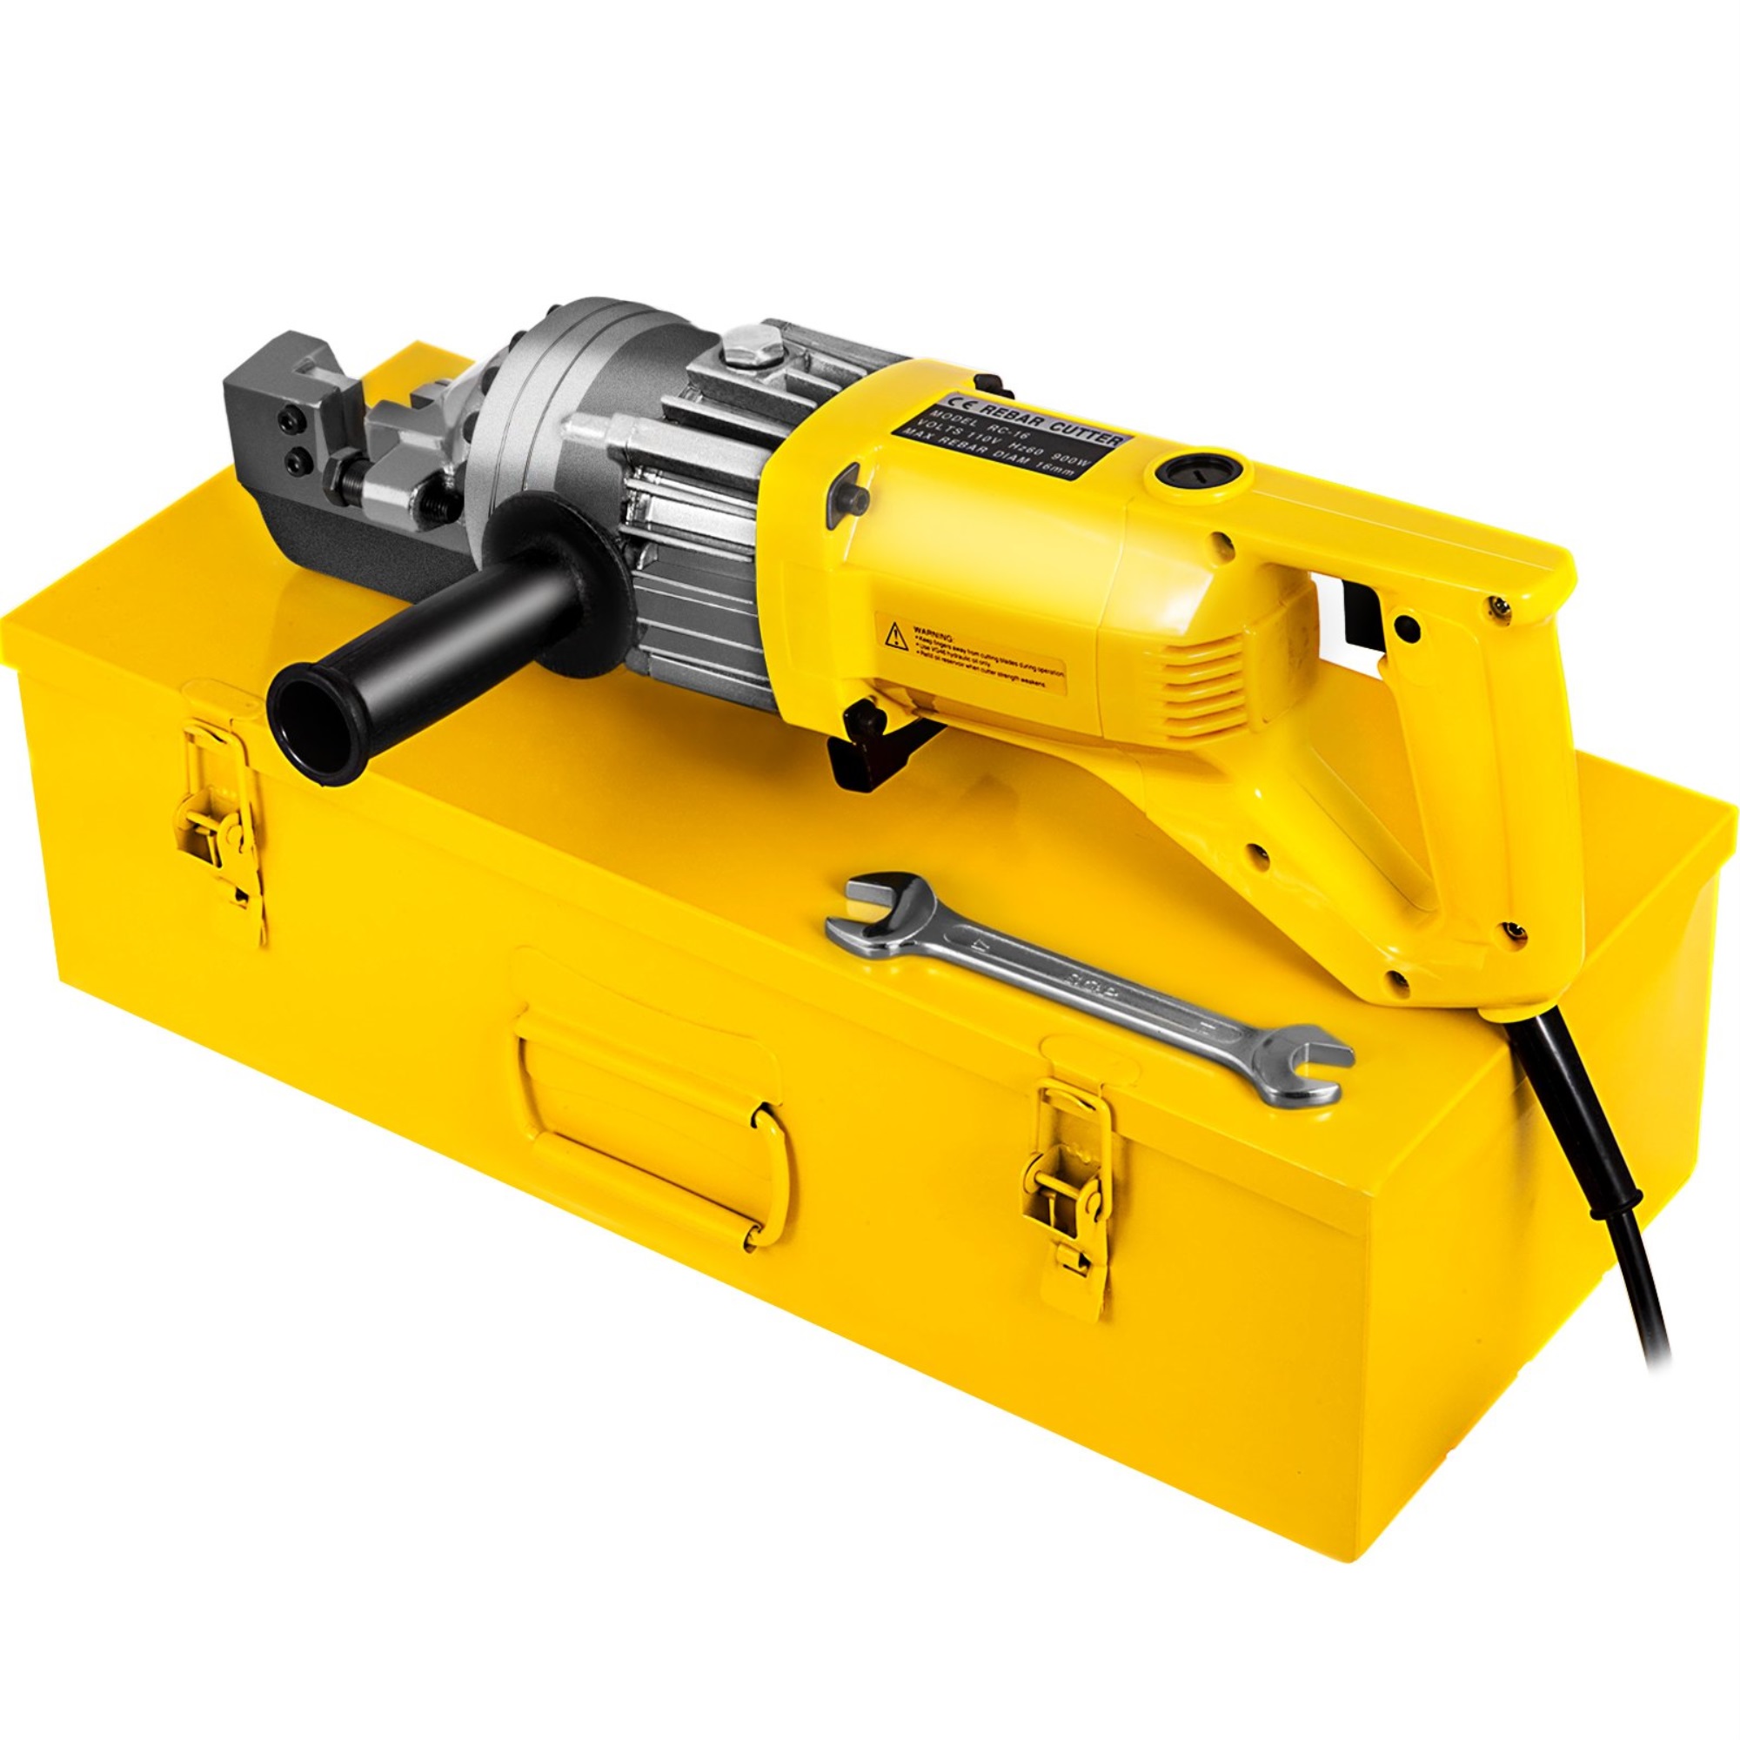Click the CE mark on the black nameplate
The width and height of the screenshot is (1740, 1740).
click(x=953, y=404)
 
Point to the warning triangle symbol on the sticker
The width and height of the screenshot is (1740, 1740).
click(x=895, y=635)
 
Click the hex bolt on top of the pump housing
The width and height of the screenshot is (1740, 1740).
click(x=753, y=346)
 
